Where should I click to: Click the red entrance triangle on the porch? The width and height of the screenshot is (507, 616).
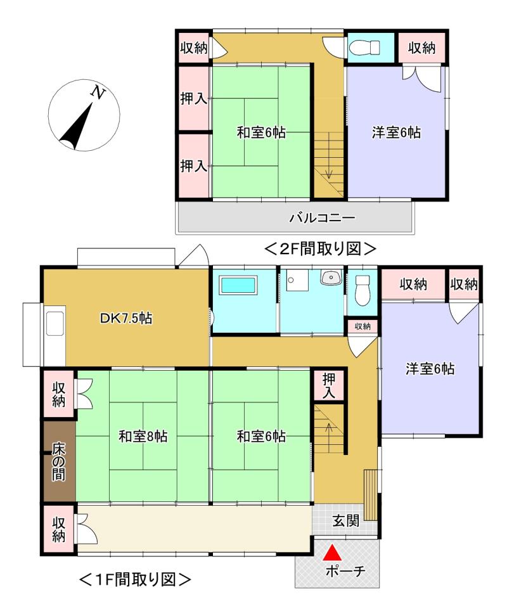pos(330,553)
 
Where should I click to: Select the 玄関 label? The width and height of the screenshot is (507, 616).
pos(346,521)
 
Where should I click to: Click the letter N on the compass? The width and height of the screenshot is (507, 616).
pos(98,93)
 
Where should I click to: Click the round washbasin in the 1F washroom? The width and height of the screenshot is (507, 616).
pos(331,278)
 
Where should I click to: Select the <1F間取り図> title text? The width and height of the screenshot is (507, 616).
pos(134,579)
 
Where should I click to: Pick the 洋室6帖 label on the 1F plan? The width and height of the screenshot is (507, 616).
pos(430,369)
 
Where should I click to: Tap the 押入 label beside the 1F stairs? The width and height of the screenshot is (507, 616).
pos(330,385)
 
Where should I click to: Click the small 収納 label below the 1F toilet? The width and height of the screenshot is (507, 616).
pos(363,326)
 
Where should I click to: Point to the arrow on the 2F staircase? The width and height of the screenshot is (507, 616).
pos(329,170)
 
